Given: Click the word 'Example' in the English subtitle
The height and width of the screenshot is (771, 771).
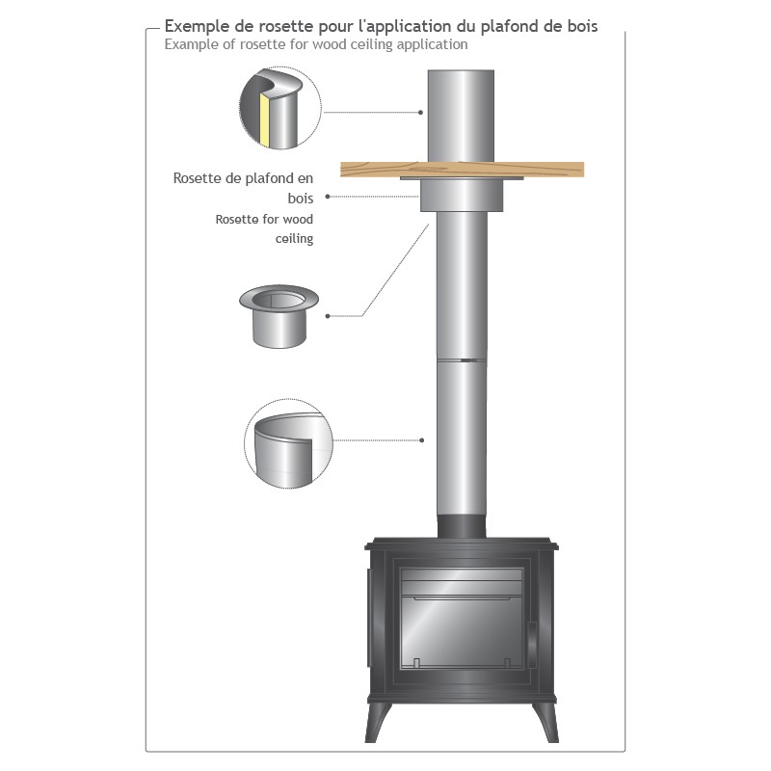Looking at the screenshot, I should tap(190, 44).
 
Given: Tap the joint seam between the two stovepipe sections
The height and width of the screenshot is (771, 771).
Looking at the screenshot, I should tap(462, 360).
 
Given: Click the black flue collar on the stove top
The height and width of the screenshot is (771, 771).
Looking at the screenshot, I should tap(462, 527).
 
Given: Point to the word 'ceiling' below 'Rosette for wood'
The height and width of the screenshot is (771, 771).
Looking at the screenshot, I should tap(294, 238).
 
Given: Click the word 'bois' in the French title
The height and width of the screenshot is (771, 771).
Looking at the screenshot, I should tap(580, 27).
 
